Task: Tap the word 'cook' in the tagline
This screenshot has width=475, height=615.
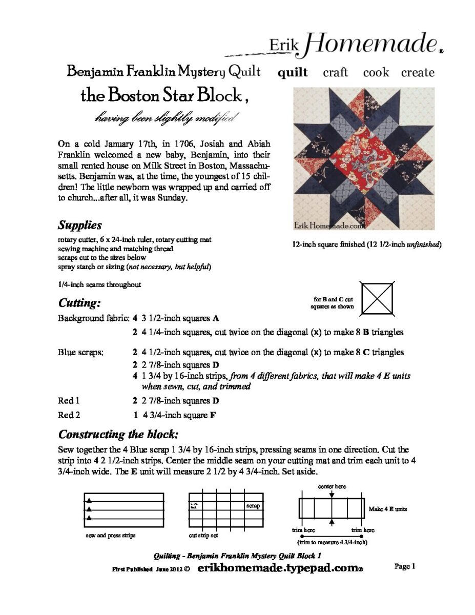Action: click(376, 72)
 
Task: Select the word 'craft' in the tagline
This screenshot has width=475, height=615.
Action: click(335, 72)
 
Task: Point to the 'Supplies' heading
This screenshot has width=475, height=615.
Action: click(79, 225)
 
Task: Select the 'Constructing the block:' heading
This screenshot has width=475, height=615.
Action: click(118, 435)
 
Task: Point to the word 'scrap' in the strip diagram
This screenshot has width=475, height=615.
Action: click(253, 506)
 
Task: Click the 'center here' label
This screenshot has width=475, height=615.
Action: click(332, 486)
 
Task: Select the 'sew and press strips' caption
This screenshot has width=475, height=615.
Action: click(111, 536)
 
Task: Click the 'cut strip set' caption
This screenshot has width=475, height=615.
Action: click(203, 536)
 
